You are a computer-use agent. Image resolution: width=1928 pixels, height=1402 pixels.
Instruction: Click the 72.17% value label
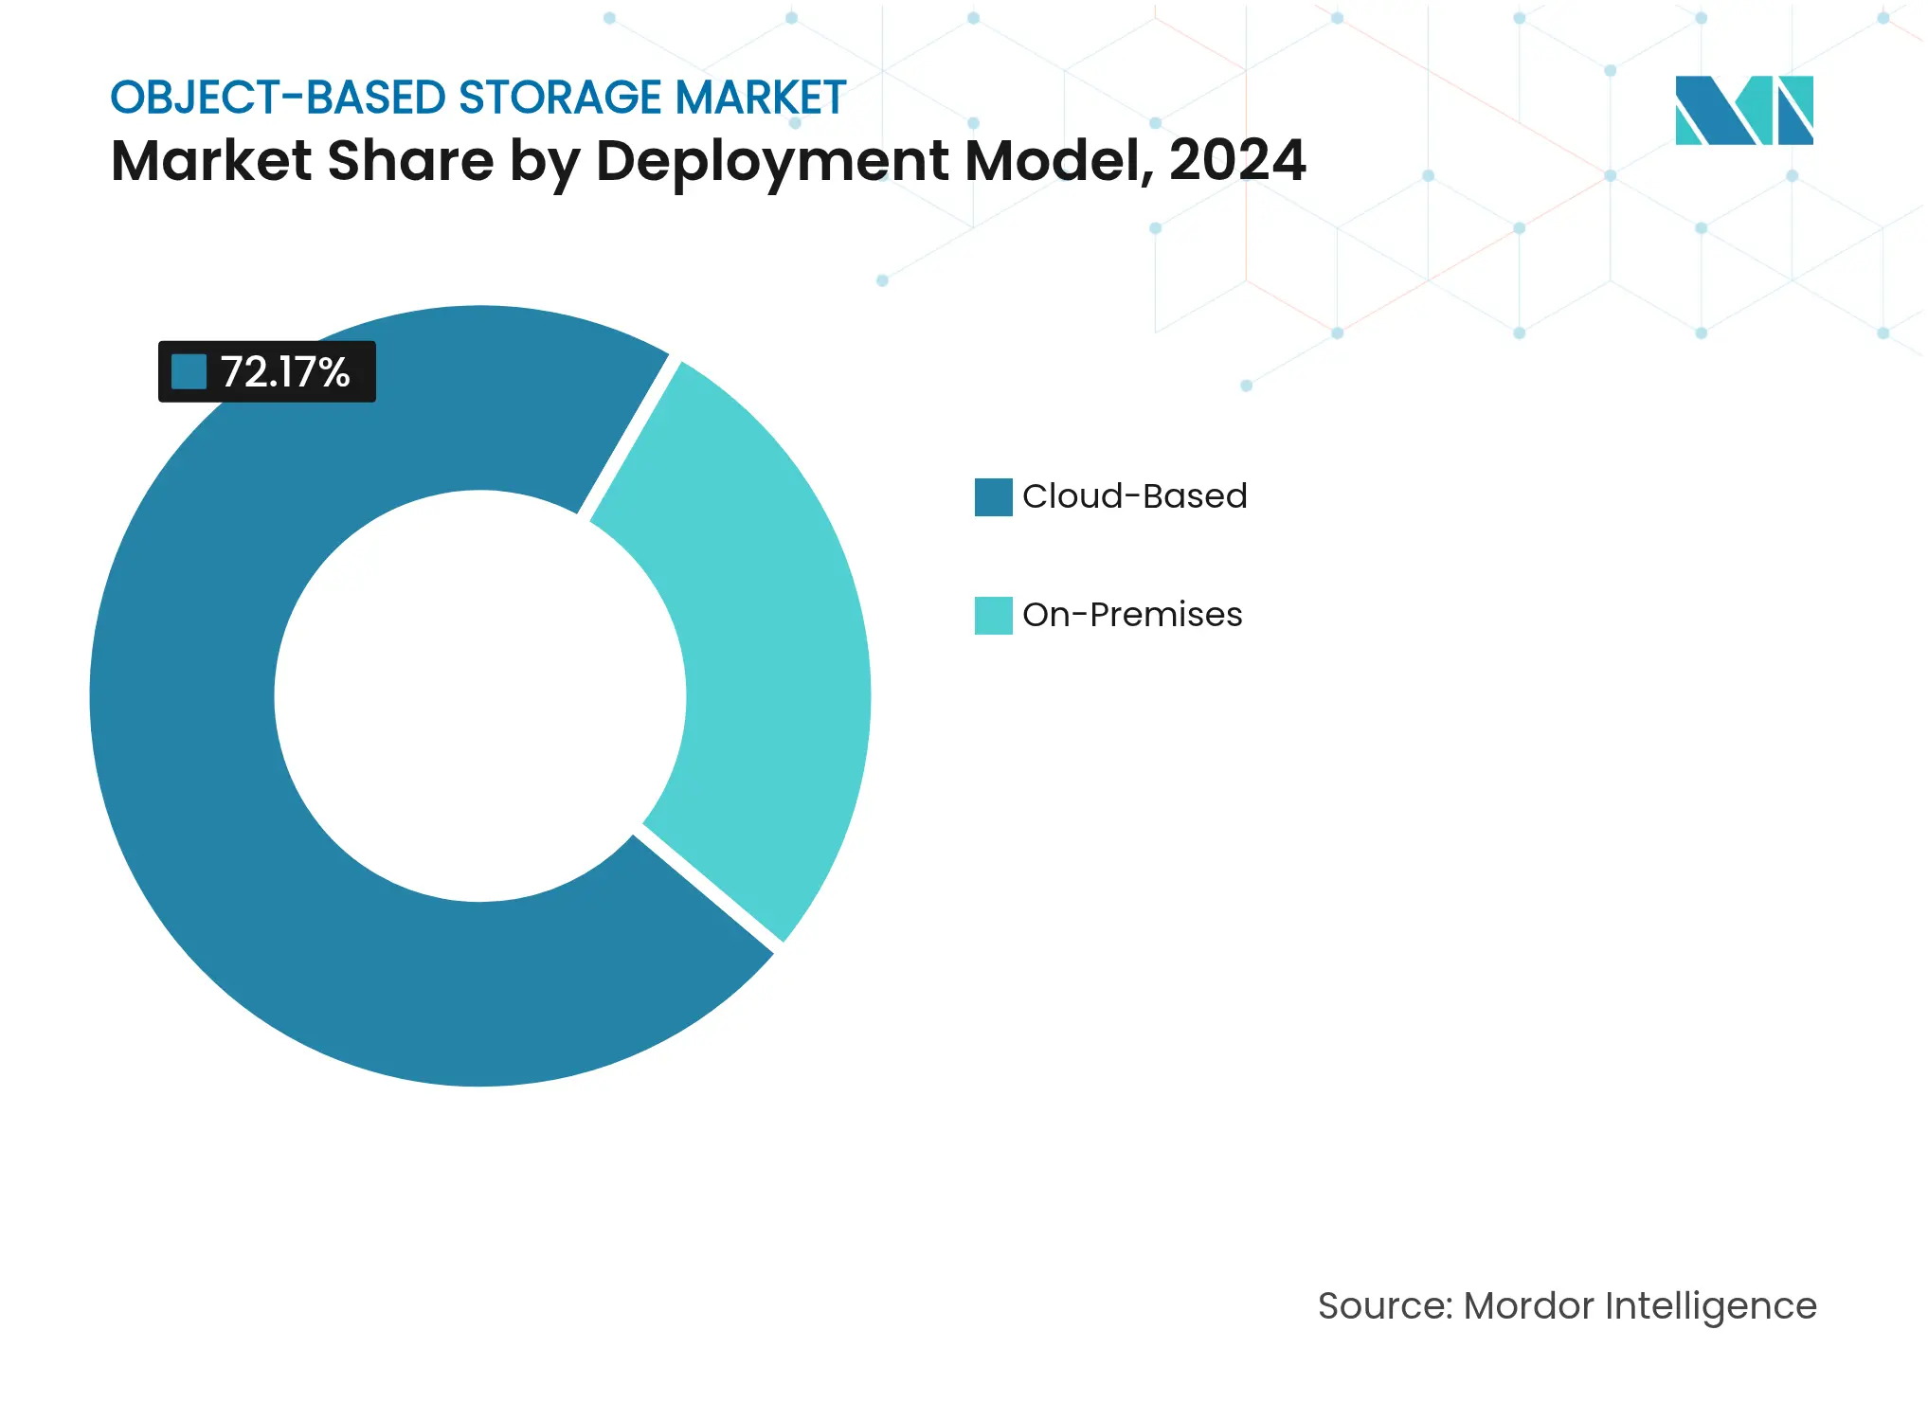tap(285, 372)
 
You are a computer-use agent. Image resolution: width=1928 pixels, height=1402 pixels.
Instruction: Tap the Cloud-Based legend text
tap(1134, 496)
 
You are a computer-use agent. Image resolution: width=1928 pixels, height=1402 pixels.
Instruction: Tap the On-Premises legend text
tap(1132, 615)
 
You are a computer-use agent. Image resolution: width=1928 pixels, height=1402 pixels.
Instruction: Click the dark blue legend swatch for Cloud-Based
tap(993, 497)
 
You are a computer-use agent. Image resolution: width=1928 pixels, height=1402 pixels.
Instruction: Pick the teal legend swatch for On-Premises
tap(993, 616)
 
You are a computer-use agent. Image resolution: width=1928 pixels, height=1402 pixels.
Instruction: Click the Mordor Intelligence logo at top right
tap(1743, 110)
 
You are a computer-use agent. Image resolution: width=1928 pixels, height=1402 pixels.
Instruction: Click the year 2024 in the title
tap(1237, 160)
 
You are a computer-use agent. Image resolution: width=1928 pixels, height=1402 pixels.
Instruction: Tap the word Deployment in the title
tap(772, 160)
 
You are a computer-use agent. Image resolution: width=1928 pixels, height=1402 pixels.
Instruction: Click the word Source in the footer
tap(1384, 1306)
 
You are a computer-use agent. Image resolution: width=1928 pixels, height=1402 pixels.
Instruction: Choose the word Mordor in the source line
tap(1528, 1306)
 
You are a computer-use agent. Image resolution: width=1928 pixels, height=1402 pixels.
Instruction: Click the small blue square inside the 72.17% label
tap(189, 372)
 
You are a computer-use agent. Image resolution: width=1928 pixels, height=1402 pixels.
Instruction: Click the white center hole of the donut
tap(480, 696)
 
